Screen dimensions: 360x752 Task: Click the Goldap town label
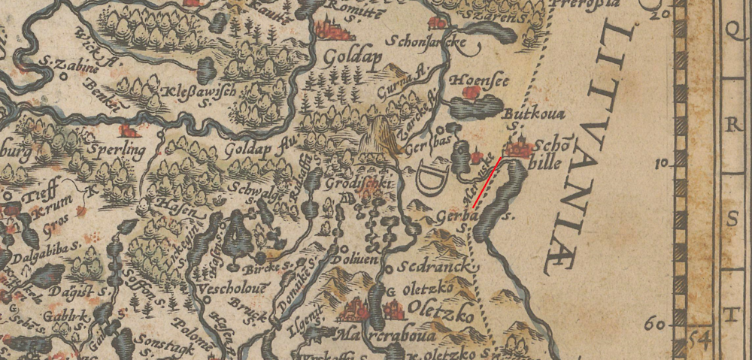point(353,58)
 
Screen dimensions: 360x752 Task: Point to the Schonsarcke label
point(428,44)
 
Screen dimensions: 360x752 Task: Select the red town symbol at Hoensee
point(472,92)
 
